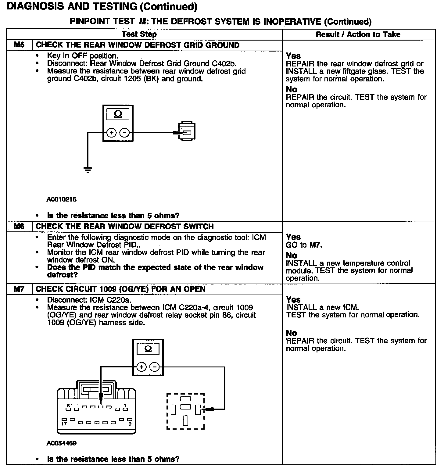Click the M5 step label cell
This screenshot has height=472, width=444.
(x=19, y=45)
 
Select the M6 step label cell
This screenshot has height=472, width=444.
(x=19, y=227)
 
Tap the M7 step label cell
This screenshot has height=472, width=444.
(x=19, y=289)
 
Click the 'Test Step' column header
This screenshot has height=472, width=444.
(x=139, y=34)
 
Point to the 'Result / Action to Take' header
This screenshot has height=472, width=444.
(x=358, y=34)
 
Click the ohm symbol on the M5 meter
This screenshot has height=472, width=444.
(x=118, y=114)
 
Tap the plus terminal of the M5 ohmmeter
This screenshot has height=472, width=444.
(x=111, y=133)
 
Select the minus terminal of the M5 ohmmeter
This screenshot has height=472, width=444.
(x=124, y=133)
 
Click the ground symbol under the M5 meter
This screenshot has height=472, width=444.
(x=88, y=170)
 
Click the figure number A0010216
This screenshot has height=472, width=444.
(x=61, y=199)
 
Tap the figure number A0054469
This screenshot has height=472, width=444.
(x=61, y=443)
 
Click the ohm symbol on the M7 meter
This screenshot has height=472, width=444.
(x=148, y=349)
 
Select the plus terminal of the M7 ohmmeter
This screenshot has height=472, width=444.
(x=141, y=367)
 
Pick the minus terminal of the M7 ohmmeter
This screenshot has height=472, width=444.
(x=155, y=367)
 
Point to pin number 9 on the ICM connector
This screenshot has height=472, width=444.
(x=130, y=424)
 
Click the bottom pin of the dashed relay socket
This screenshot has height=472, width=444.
(x=185, y=421)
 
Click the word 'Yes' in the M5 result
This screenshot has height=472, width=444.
(x=293, y=56)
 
